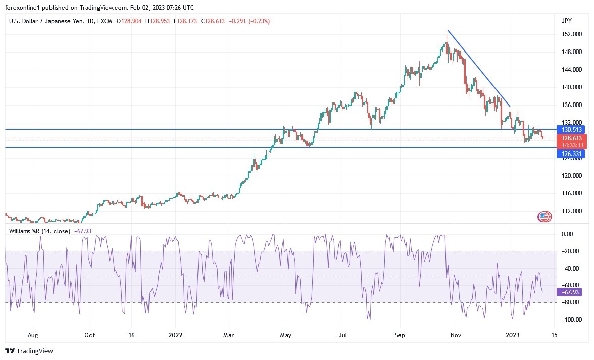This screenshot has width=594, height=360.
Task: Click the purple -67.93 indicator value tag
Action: [x=568, y=292]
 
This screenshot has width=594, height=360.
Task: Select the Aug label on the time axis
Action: [x=33, y=334]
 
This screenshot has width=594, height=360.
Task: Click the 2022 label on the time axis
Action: [x=175, y=334]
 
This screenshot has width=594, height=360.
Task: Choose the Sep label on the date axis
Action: [x=400, y=334]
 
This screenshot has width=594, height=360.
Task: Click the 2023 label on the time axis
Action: [x=513, y=334]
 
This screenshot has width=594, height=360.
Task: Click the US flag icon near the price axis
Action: [x=543, y=217]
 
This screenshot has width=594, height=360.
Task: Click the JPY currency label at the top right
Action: [x=566, y=21]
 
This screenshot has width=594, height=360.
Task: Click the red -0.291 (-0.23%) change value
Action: [x=250, y=21]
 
